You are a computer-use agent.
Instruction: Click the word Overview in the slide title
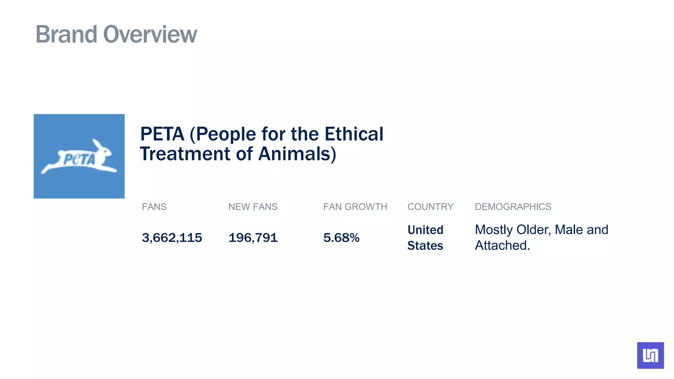tap(150, 34)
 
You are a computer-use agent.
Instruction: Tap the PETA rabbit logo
tap(79, 157)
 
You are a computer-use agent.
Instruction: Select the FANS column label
tap(154, 207)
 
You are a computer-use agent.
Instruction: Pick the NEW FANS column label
tap(253, 207)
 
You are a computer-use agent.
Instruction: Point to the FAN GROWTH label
tap(355, 207)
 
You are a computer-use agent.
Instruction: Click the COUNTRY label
tap(430, 207)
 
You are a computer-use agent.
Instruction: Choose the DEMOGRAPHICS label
tap(513, 207)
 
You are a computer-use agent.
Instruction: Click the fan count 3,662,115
tap(172, 238)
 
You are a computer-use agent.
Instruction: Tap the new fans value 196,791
tap(253, 238)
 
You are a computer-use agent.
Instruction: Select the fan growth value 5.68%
tap(341, 238)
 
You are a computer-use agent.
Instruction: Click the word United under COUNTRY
tap(425, 230)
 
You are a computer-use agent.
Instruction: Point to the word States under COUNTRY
tap(425, 246)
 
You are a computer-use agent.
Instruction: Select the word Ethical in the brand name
tap(354, 134)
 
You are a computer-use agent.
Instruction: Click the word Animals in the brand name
tap(297, 154)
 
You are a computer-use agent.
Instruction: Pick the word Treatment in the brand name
tap(185, 154)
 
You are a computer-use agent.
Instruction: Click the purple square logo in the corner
tap(650, 355)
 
